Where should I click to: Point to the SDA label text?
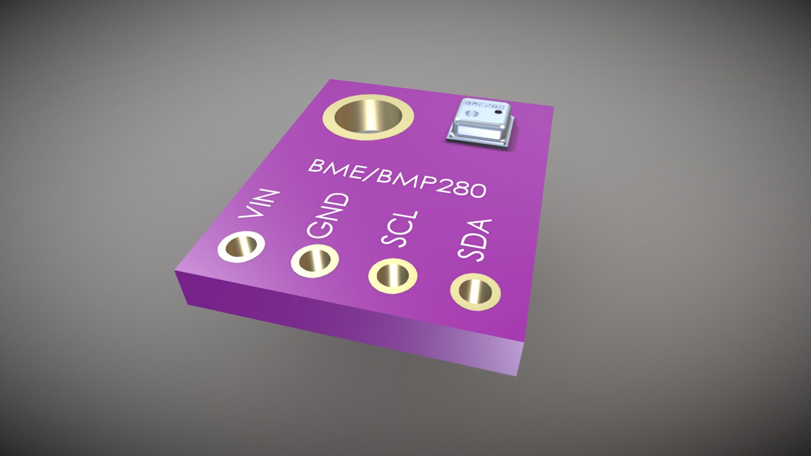(x=475, y=241)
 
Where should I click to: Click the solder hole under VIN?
(x=241, y=246)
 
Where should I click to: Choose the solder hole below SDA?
(x=475, y=292)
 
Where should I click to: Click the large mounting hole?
(x=368, y=116)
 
